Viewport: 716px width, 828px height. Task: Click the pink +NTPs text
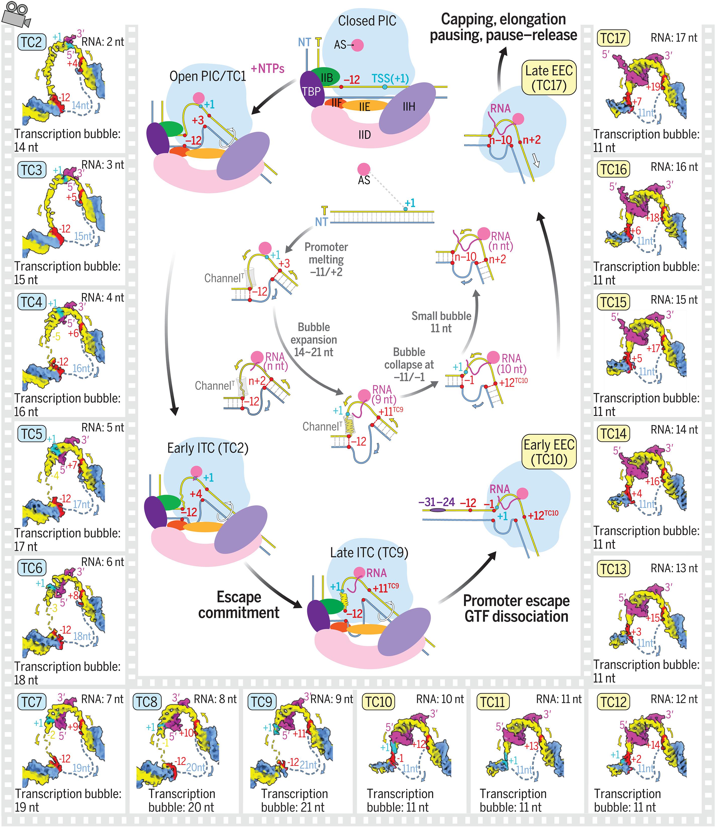click(x=268, y=69)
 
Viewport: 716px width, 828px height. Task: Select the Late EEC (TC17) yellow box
click(x=549, y=78)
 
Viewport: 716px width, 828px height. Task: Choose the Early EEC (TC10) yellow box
click(x=549, y=452)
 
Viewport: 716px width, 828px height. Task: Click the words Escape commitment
click(x=239, y=604)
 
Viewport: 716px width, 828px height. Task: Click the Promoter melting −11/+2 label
click(x=326, y=260)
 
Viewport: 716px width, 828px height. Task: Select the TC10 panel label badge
click(x=378, y=701)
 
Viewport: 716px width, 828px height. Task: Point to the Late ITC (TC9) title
click(x=369, y=553)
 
